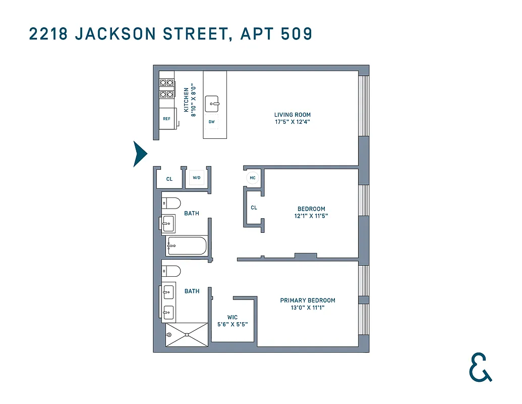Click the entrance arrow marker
tap(139, 154)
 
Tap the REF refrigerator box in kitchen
tap(166, 119)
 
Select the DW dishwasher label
tap(212, 122)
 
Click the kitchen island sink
tap(213, 104)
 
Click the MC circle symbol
tap(252, 178)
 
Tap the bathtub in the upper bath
tap(186, 246)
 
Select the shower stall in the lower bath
tap(187, 334)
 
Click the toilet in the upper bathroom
tap(171, 204)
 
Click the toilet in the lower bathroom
tap(171, 271)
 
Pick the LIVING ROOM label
tap(293, 115)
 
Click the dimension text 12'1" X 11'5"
tap(311, 216)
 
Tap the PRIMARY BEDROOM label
tap(308, 300)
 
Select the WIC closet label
tap(233, 318)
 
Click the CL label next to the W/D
tap(169, 179)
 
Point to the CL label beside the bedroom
tap(254, 208)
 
